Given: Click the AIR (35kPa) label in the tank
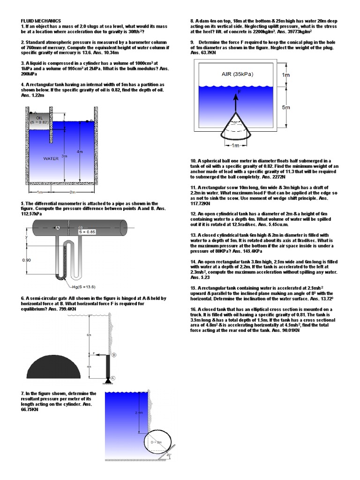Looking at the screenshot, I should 240,74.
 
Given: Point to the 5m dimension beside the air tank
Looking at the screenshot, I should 286,107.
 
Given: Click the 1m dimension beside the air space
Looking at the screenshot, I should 285,75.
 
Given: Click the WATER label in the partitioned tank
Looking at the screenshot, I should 51,158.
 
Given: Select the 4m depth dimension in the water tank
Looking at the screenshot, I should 80,151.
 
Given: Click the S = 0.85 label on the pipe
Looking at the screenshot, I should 87,232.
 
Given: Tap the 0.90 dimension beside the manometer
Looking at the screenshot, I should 27,259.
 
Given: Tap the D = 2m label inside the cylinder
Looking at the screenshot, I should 155,442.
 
